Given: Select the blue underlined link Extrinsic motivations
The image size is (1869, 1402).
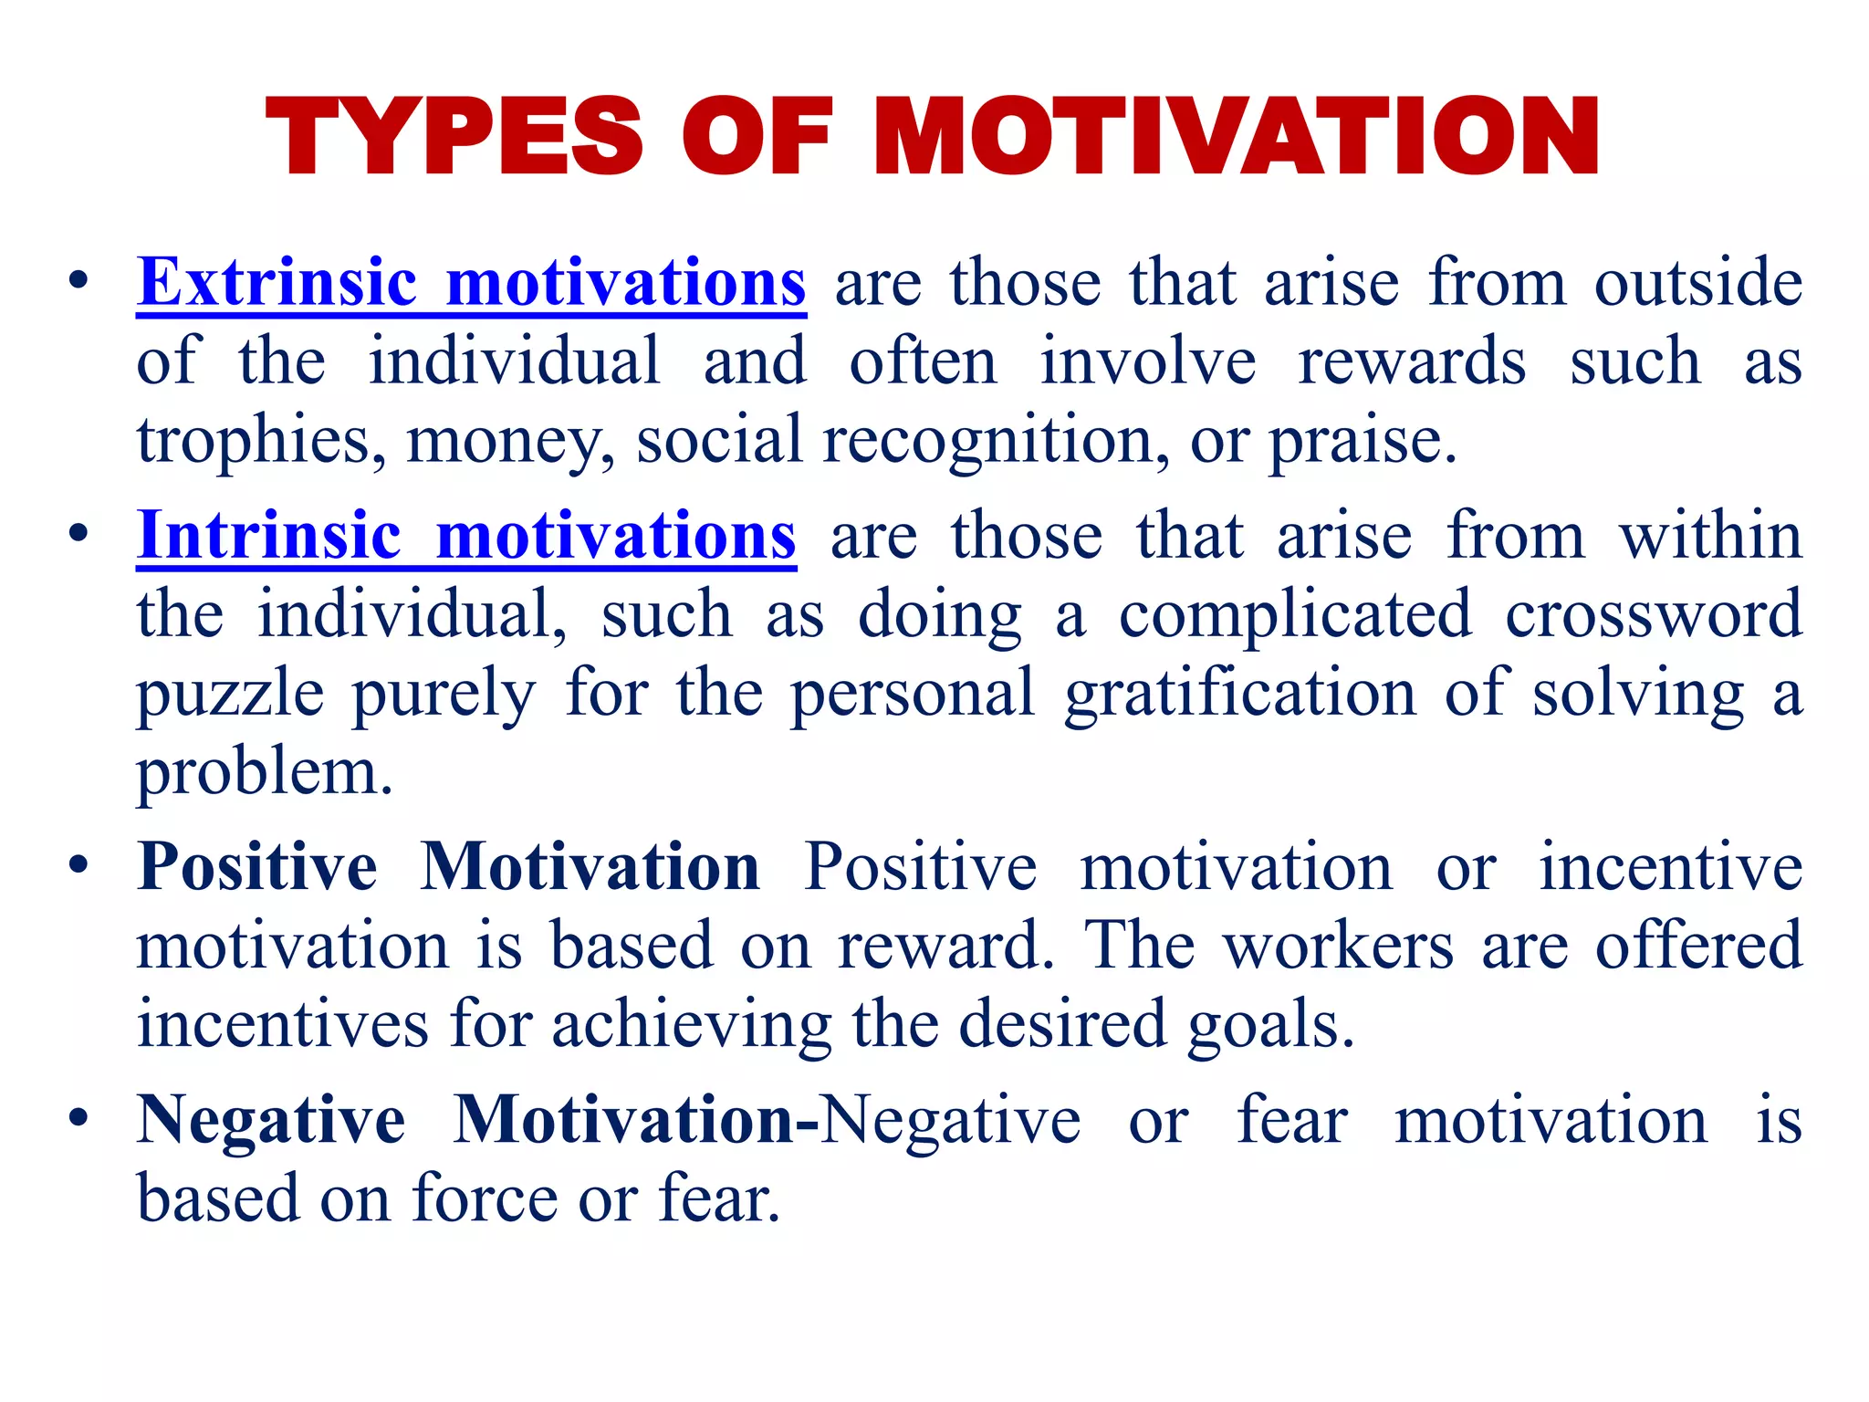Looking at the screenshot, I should pyautogui.click(x=471, y=282).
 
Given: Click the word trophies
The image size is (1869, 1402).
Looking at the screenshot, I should pyautogui.click(x=253, y=441).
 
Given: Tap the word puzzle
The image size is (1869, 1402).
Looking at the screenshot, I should pyautogui.click(x=230, y=694).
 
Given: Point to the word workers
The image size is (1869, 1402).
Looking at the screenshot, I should pyautogui.click(x=1339, y=946).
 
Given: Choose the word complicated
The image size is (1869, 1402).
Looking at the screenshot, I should pyautogui.click(x=1295, y=613).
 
